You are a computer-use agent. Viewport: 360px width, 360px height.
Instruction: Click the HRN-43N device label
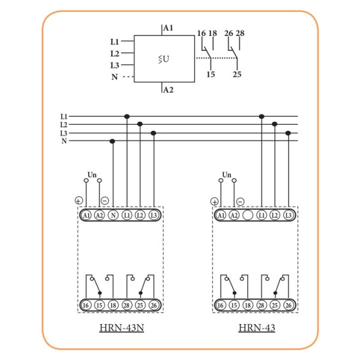121,328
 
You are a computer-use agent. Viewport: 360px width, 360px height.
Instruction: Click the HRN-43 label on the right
257,328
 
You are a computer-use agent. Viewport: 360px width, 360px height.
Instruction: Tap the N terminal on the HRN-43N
113,215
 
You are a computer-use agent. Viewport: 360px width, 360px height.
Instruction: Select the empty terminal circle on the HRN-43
248,215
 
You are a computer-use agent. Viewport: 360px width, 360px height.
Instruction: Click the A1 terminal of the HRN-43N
86,215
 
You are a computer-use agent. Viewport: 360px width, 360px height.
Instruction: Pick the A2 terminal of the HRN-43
234,215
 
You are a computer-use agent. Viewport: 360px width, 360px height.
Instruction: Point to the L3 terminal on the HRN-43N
154,215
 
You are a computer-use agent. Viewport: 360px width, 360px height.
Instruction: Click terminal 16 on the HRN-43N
86,305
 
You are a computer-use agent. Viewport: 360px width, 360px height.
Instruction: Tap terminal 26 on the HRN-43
289,305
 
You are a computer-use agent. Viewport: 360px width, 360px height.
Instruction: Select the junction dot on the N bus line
113,142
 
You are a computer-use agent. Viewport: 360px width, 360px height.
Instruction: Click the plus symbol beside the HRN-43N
78,200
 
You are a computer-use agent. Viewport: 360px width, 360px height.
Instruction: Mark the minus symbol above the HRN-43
240,202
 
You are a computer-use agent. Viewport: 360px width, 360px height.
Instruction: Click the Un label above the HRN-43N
92,174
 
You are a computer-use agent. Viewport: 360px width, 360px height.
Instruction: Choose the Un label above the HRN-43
226,174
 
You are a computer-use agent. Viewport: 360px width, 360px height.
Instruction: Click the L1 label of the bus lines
64,116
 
